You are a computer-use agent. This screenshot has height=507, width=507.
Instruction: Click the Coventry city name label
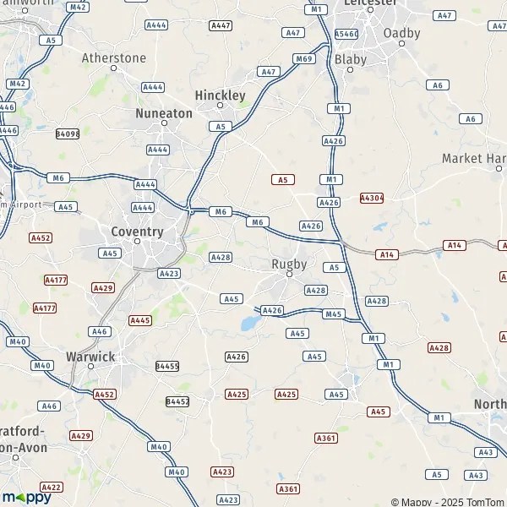[x=137, y=231]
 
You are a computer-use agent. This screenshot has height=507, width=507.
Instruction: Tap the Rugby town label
[x=288, y=264]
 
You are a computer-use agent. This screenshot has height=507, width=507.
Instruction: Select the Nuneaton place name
[x=164, y=112]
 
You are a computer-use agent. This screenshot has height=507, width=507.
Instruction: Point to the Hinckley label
[x=220, y=95]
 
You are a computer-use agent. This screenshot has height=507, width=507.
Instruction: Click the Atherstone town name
[x=114, y=58]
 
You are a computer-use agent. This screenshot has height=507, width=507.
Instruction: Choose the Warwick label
[x=90, y=357]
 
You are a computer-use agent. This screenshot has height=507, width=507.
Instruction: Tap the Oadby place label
[x=401, y=33]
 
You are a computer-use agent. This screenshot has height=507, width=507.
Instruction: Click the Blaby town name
[x=351, y=59]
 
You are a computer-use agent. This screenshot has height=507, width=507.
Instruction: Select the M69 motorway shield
[x=304, y=58]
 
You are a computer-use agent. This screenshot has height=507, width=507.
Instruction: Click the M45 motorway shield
[x=334, y=314]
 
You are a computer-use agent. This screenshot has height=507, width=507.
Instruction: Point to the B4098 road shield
[x=68, y=134]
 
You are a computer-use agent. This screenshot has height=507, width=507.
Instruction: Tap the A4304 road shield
[x=372, y=198]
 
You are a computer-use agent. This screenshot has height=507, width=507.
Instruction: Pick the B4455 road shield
[x=167, y=366]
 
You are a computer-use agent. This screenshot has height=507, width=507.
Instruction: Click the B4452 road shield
[x=177, y=401]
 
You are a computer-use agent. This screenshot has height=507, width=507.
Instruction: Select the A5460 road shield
[x=346, y=34]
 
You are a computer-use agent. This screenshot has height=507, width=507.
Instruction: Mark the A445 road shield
[x=140, y=320]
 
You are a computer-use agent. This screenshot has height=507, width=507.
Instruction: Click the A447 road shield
[x=221, y=26]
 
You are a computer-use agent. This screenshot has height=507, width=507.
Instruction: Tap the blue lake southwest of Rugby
[x=249, y=323]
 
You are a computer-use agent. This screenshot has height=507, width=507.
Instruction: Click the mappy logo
[x=27, y=497]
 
